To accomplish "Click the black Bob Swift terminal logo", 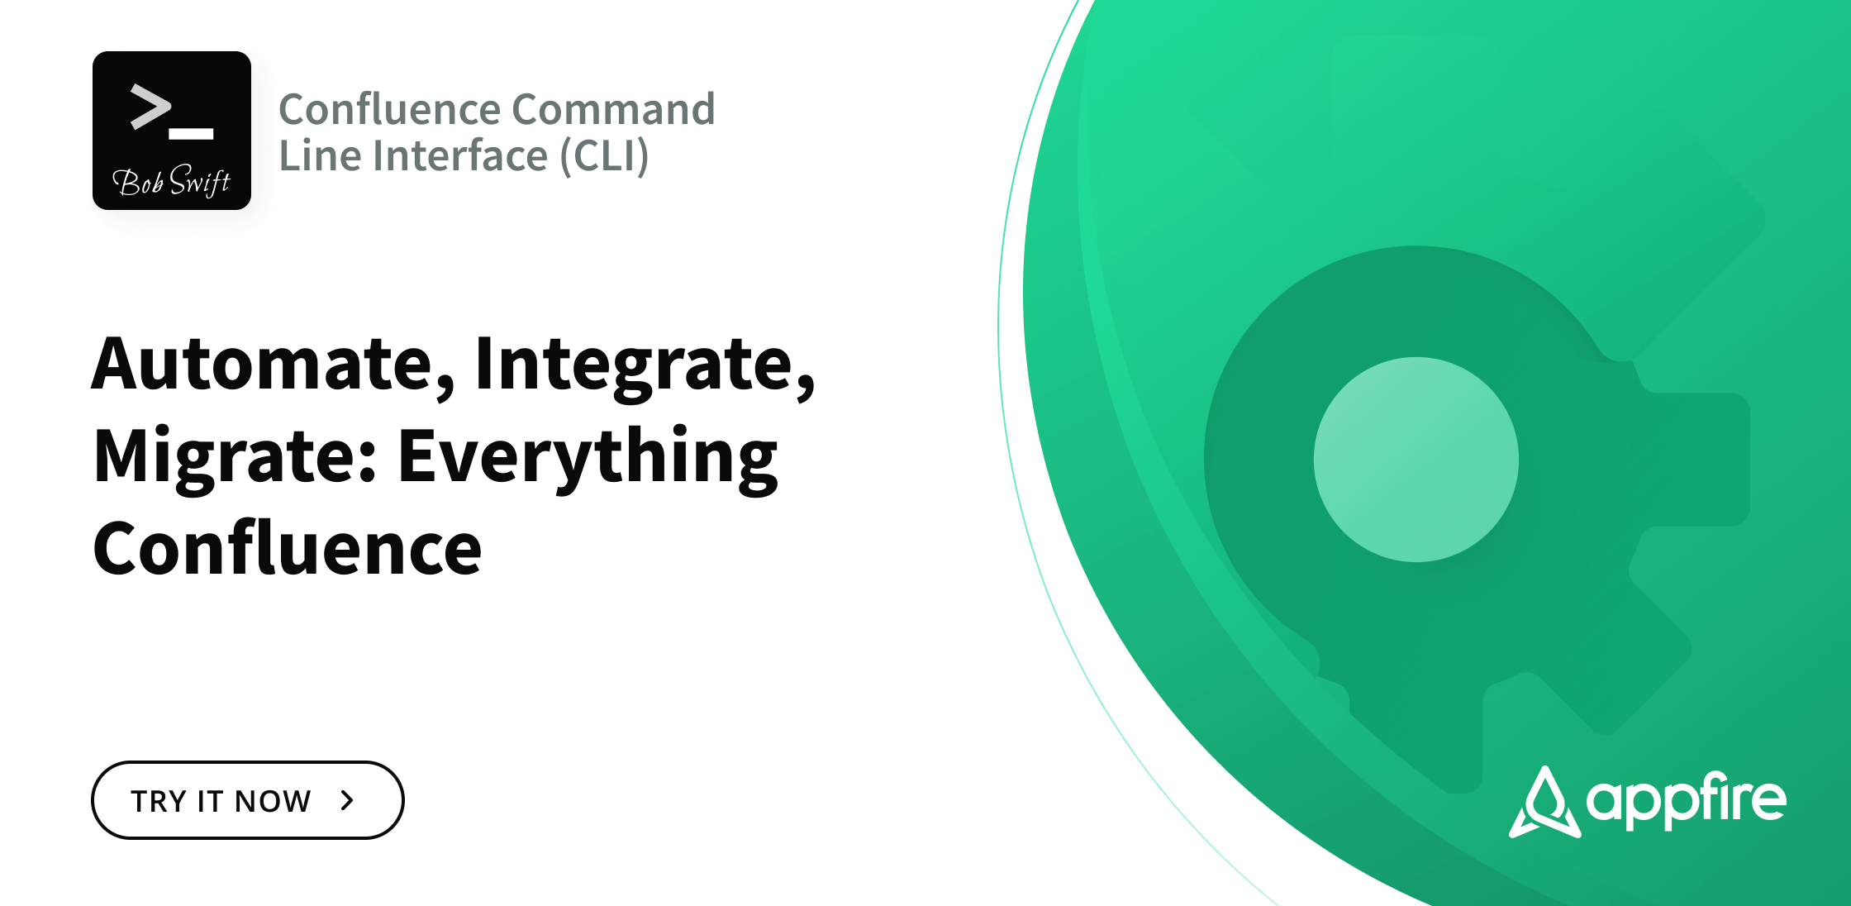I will [x=172, y=131].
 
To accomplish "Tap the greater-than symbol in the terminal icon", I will [x=150, y=107].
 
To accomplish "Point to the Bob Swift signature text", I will [x=171, y=181].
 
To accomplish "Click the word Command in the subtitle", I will [x=613, y=109].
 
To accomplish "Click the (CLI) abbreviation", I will [x=604, y=155].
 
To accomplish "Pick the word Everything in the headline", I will [x=588, y=456].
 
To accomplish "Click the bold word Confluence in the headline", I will [x=287, y=548].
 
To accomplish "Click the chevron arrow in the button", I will [x=348, y=800].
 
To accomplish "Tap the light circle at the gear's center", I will [x=1416, y=460].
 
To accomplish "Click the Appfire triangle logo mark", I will [x=1544, y=803].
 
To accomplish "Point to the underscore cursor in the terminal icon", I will [x=191, y=133].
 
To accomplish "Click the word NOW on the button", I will [x=273, y=801].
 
